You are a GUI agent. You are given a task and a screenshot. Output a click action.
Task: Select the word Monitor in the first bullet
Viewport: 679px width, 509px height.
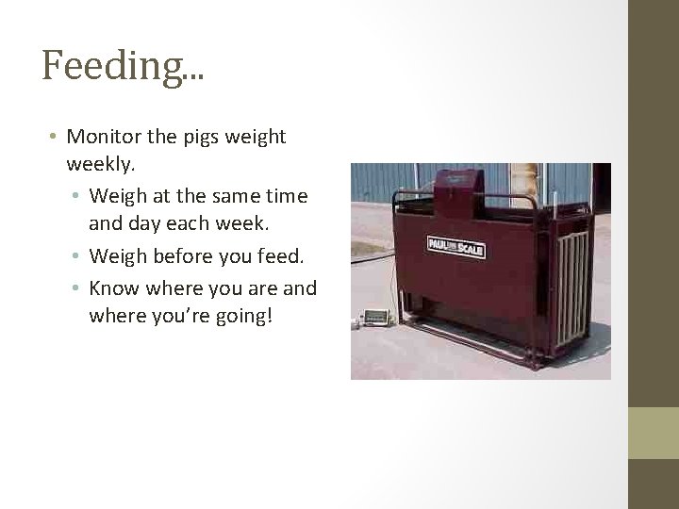pyautogui.click(x=104, y=138)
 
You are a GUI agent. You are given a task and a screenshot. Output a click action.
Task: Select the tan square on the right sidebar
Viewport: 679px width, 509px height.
pyautogui.click(x=653, y=433)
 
